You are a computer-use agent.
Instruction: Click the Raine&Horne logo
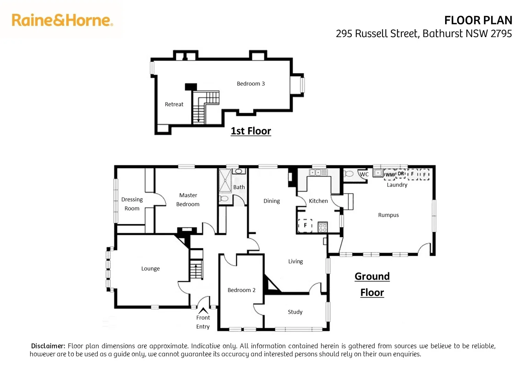pos(62,20)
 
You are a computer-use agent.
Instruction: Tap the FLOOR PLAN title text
pos(478,21)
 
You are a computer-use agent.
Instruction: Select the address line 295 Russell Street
pos(424,34)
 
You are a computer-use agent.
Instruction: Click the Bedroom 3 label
pos(251,83)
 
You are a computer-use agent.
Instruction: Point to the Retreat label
pos(174,104)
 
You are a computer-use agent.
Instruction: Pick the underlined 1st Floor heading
pos(251,131)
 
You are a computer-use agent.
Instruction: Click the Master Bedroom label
pos(188,200)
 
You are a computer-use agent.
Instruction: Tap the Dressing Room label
pos(132,204)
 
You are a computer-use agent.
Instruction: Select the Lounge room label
pos(151,268)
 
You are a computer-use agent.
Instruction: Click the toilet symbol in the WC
pos(349,173)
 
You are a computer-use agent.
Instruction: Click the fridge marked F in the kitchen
pos(305,225)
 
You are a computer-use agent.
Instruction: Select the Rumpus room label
pos(388,215)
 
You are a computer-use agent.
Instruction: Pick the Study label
pos(295,312)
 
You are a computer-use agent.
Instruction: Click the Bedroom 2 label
pos(241,290)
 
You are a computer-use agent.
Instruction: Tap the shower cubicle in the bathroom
pos(225,180)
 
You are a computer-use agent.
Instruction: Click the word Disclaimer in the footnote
pos(48,346)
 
